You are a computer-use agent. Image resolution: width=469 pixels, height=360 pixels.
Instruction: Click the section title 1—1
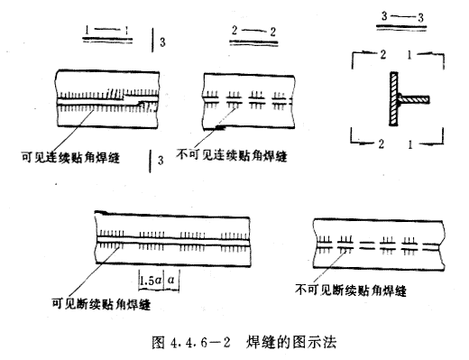[107, 30]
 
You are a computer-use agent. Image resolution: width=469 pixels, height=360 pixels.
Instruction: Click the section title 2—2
[253, 31]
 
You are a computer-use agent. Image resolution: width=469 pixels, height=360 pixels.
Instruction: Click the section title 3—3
[402, 16]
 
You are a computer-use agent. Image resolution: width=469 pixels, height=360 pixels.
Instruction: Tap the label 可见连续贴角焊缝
[70, 157]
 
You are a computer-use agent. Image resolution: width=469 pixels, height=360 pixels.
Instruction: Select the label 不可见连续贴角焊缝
[232, 155]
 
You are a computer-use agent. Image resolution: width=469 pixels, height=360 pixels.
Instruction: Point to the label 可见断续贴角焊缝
[101, 304]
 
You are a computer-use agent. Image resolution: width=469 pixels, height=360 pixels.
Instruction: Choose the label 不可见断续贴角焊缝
[351, 290]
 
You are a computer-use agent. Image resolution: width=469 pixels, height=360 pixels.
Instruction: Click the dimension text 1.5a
[151, 281]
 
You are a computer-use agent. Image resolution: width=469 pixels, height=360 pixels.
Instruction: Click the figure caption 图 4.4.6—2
[191, 342]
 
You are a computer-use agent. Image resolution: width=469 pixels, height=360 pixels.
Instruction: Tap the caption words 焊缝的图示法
[290, 342]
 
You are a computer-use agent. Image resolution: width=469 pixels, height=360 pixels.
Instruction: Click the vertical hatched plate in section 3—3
[394, 98]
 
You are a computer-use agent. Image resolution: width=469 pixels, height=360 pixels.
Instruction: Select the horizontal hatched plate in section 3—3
[414, 99]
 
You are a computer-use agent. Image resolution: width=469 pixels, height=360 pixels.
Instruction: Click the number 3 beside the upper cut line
[162, 42]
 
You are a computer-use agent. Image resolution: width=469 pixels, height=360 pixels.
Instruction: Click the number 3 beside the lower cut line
[161, 160]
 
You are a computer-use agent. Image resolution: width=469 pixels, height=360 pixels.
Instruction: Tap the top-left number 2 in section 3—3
[382, 55]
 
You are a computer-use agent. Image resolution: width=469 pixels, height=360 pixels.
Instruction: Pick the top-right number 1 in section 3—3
[409, 55]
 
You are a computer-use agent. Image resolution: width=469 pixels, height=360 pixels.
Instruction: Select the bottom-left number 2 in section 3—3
[382, 144]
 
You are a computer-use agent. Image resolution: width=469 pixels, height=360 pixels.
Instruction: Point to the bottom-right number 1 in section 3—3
[410, 144]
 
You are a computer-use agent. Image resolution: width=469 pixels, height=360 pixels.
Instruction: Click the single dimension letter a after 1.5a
[171, 281]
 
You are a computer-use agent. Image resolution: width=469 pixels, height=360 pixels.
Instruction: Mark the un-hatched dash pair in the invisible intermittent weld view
[368, 245]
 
